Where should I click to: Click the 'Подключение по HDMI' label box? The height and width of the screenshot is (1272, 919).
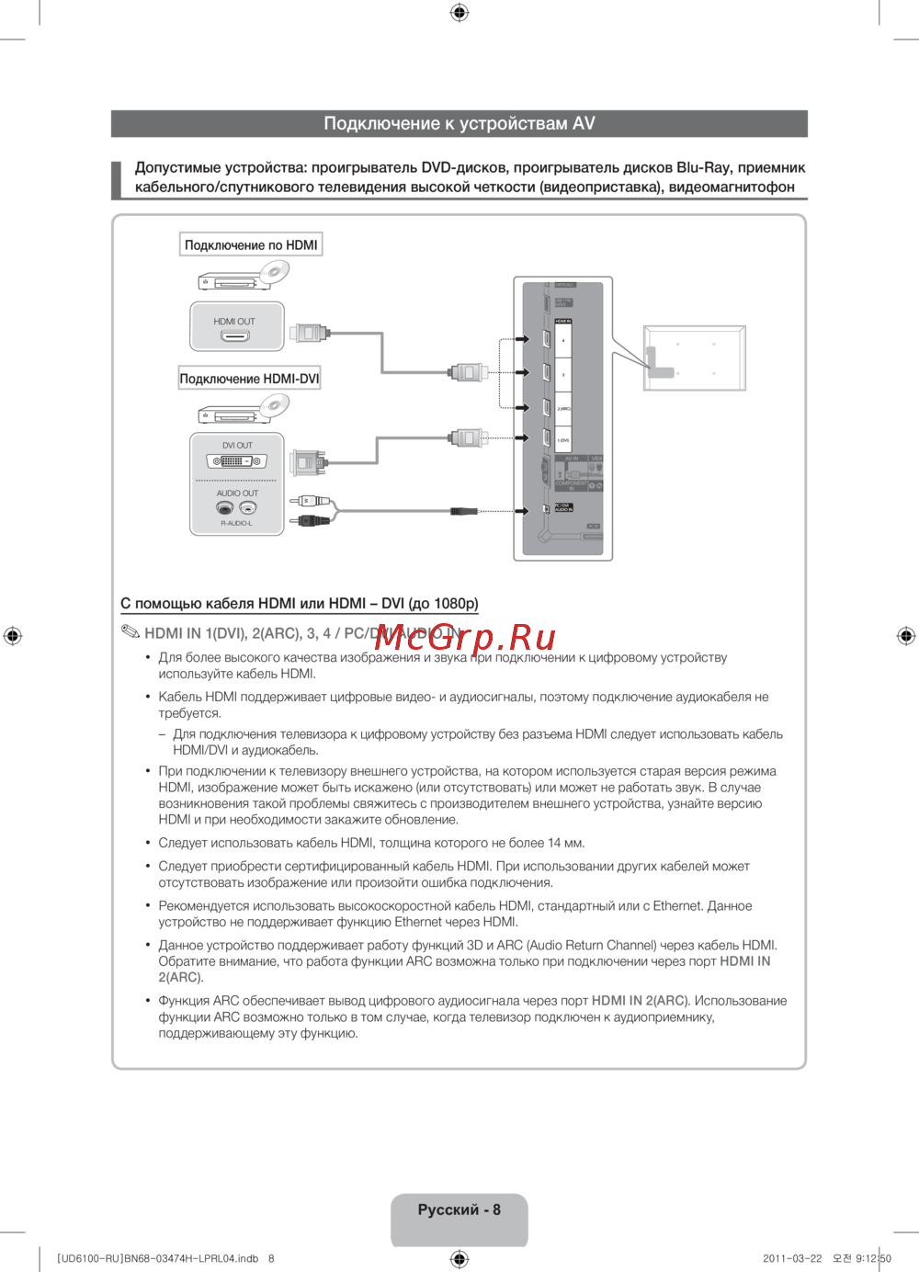(x=251, y=244)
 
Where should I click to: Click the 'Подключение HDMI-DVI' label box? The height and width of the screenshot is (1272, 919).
(x=249, y=378)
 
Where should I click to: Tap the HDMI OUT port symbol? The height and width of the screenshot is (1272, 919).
(x=234, y=336)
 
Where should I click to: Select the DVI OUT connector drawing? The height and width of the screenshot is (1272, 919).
(x=237, y=461)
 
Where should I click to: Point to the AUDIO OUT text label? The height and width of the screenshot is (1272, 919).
(x=237, y=494)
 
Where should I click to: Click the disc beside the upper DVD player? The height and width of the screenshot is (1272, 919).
(x=274, y=272)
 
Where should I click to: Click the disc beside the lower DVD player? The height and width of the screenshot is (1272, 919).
(x=274, y=405)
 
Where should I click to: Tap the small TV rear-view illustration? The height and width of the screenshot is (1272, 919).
(x=694, y=358)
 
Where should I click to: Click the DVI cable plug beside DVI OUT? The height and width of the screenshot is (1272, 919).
(x=307, y=461)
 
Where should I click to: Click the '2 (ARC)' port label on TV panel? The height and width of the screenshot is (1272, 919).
(x=563, y=408)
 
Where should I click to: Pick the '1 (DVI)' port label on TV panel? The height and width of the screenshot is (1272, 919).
(x=563, y=441)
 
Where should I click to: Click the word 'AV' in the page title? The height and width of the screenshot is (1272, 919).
(x=584, y=123)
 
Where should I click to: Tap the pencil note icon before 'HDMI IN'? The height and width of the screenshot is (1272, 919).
(x=130, y=632)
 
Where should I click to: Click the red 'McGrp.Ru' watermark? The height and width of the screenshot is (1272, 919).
(x=465, y=636)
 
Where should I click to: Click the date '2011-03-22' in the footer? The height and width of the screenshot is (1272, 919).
(x=792, y=1258)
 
